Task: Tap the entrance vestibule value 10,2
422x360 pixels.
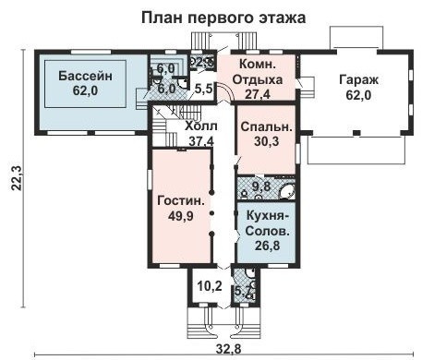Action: tap(210, 285)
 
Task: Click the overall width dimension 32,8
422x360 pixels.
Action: tap(224, 349)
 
